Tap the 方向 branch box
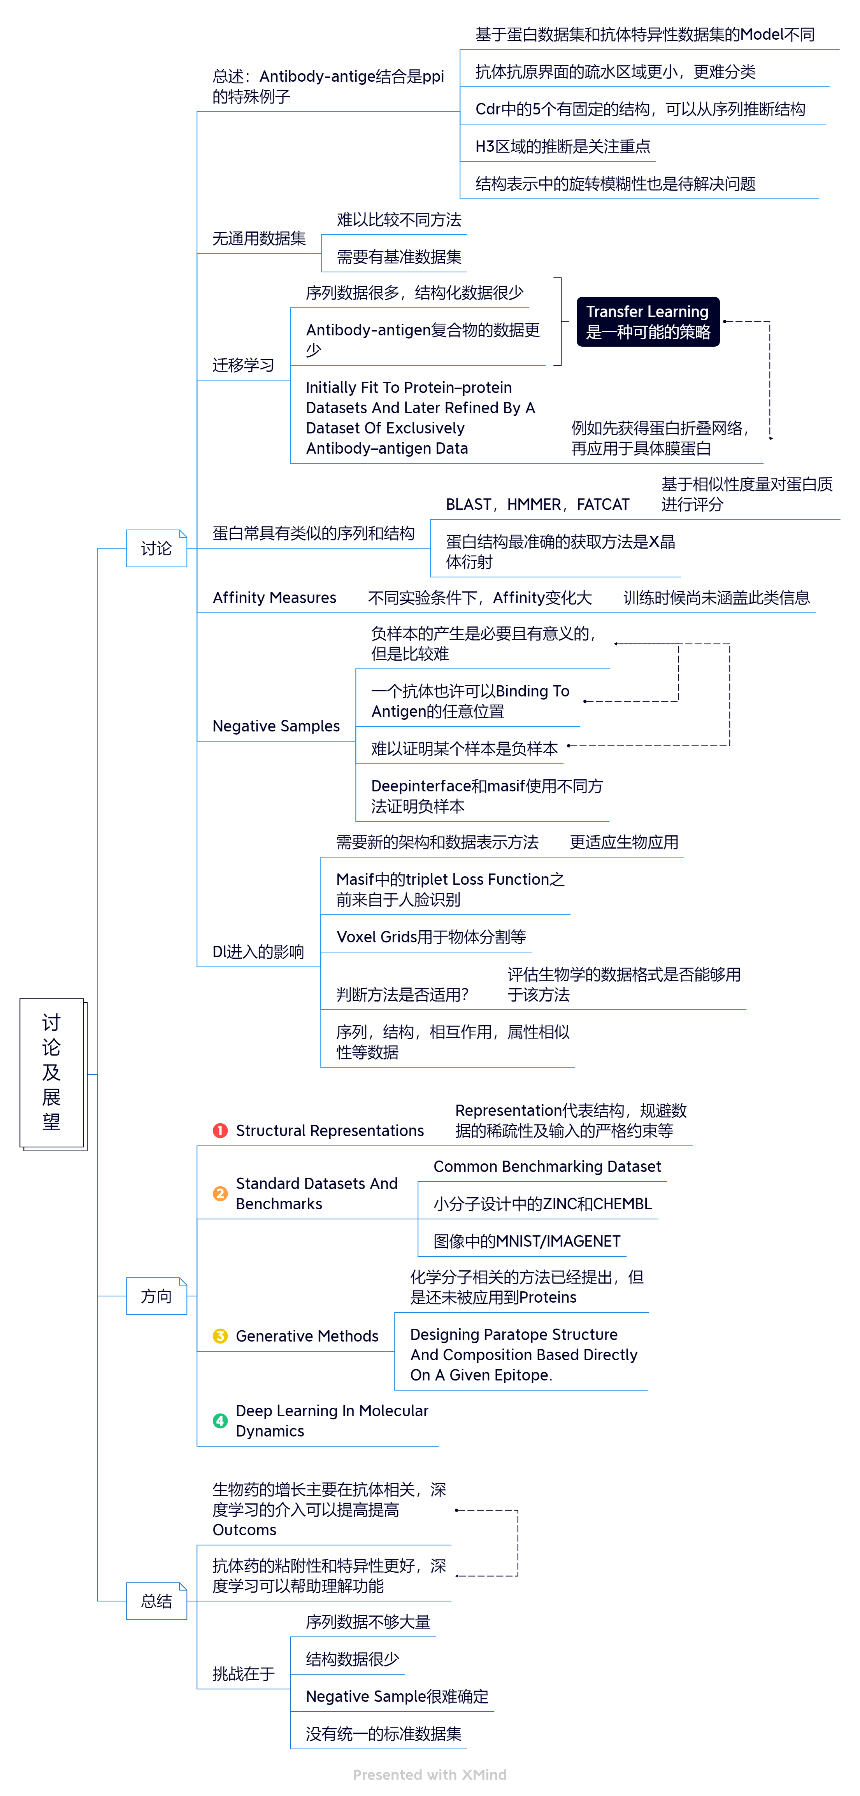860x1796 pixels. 156,1296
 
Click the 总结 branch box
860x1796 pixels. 156,1601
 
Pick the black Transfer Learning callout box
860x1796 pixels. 647,321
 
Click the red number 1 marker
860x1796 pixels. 220,1130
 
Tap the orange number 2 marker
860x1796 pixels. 220,1193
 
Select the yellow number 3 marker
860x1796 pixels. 220,1336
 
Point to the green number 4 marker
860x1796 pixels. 220,1420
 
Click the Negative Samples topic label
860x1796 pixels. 276,726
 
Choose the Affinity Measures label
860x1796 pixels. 274,598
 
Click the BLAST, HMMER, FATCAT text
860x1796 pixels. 537,504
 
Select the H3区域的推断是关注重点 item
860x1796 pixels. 562,146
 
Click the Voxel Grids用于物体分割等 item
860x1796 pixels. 430,937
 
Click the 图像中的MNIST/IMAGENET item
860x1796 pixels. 527,1241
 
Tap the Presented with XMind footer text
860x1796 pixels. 430,1774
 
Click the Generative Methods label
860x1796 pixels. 307,1336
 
